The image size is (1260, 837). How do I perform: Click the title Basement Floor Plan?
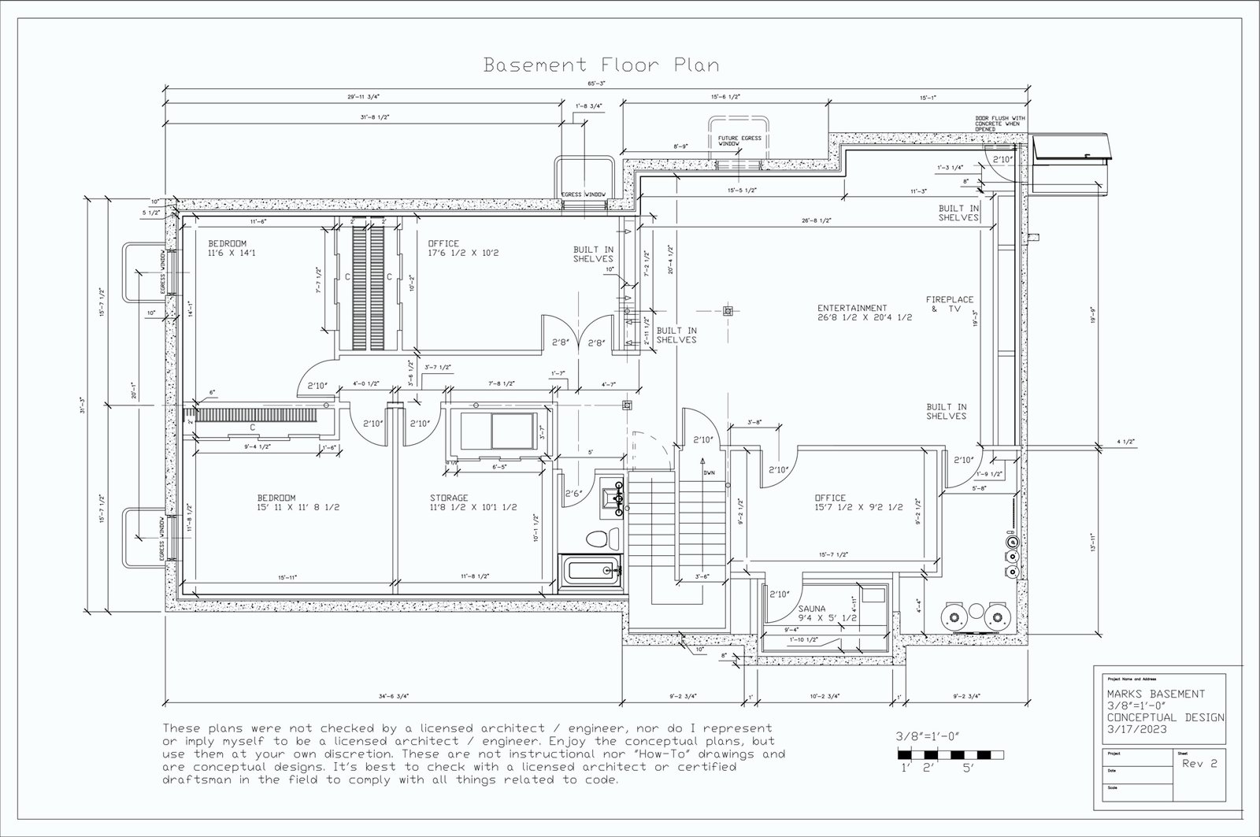pyautogui.click(x=601, y=64)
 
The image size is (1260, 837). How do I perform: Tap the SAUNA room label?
pyautogui.click(x=812, y=609)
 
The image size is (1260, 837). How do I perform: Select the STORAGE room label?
pyautogui.click(x=449, y=498)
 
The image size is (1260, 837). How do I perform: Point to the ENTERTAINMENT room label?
pyautogui.click(x=852, y=308)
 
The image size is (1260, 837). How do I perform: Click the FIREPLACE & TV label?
pyautogui.click(x=949, y=305)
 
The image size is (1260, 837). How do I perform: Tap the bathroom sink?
pyautogui.click(x=613, y=498)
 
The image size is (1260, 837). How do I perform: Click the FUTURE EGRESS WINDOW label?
pyautogui.click(x=738, y=140)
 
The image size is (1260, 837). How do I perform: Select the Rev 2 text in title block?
pyautogui.click(x=1200, y=764)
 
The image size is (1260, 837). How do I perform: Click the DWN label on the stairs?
pyautogui.click(x=709, y=473)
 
